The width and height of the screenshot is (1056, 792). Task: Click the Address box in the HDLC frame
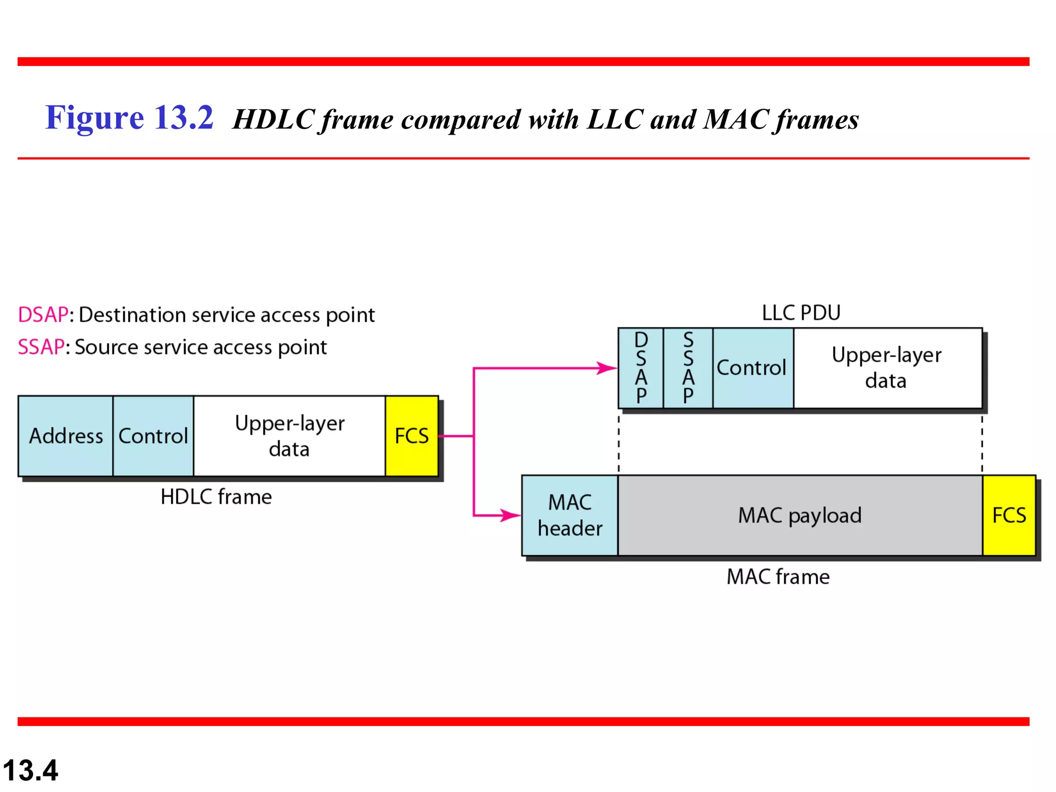pyautogui.click(x=65, y=436)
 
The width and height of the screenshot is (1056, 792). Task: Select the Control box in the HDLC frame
pyautogui.click(x=153, y=436)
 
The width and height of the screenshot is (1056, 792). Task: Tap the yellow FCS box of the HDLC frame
pyautogui.click(x=411, y=436)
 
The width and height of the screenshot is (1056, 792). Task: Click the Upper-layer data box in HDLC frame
pyautogui.click(x=289, y=436)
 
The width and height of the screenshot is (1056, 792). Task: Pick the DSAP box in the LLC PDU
pyautogui.click(x=641, y=368)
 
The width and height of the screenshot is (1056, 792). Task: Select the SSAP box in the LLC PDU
pyautogui.click(x=688, y=368)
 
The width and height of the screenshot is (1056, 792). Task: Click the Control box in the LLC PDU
pyautogui.click(x=753, y=368)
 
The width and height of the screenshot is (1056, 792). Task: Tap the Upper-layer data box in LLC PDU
pyautogui.click(x=887, y=368)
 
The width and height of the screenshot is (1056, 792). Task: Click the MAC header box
pyautogui.click(x=570, y=515)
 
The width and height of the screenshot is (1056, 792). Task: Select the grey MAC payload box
pyautogui.click(x=800, y=515)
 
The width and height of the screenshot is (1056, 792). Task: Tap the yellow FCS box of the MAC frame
pyautogui.click(x=1009, y=515)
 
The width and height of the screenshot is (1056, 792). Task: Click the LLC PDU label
pyautogui.click(x=801, y=313)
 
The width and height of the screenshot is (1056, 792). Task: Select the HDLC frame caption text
pyautogui.click(x=216, y=497)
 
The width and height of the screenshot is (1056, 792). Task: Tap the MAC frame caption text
pyautogui.click(x=778, y=576)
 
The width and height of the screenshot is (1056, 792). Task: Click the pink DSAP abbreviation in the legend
pyautogui.click(x=43, y=315)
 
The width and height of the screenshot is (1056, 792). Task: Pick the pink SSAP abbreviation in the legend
pyautogui.click(x=41, y=347)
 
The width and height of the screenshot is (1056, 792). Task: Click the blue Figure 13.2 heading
pyautogui.click(x=129, y=118)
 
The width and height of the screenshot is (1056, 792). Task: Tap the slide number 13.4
pyautogui.click(x=30, y=770)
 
